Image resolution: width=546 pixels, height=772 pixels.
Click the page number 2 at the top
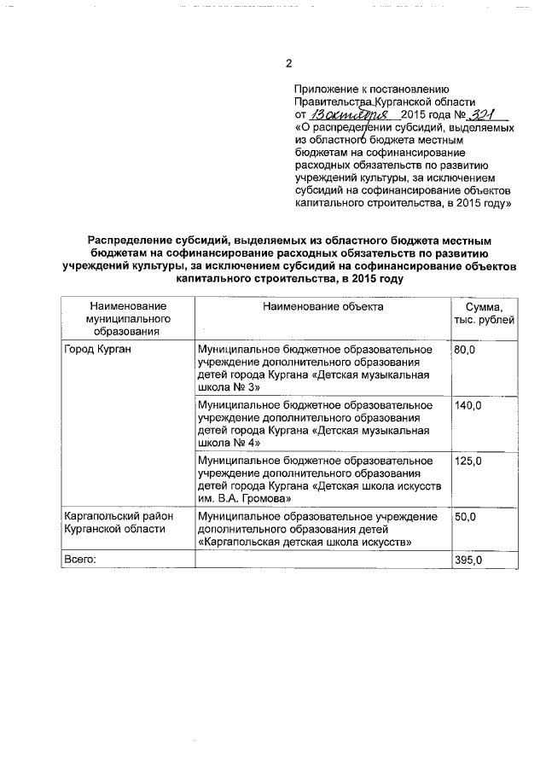(x=288, y=64)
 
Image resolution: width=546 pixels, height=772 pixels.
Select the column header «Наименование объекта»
(x=322, y=305)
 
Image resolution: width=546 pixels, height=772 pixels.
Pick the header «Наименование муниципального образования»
(x=128, y=318)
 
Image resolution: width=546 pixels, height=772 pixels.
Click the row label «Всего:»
(x=82, y=560)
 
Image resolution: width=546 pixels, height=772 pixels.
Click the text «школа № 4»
(x=226, y=443)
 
